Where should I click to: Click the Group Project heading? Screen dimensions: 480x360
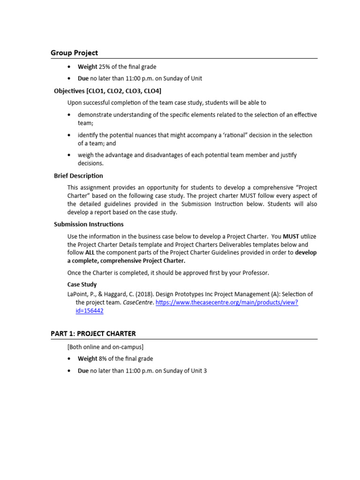[x=74, y=53]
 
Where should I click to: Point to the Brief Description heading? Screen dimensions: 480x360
[x=78, y=176]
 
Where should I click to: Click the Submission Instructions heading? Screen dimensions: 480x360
[x=89, y=224]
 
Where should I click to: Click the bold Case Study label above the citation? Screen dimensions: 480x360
[x=82, y=285]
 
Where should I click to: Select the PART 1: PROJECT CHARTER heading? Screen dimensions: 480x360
[x=93, y=334]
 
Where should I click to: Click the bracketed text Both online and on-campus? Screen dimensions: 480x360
[x=105, y=347]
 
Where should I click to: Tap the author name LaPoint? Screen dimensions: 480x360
[x=80, y=294]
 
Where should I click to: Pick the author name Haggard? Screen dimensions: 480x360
[x=120, y=294]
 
